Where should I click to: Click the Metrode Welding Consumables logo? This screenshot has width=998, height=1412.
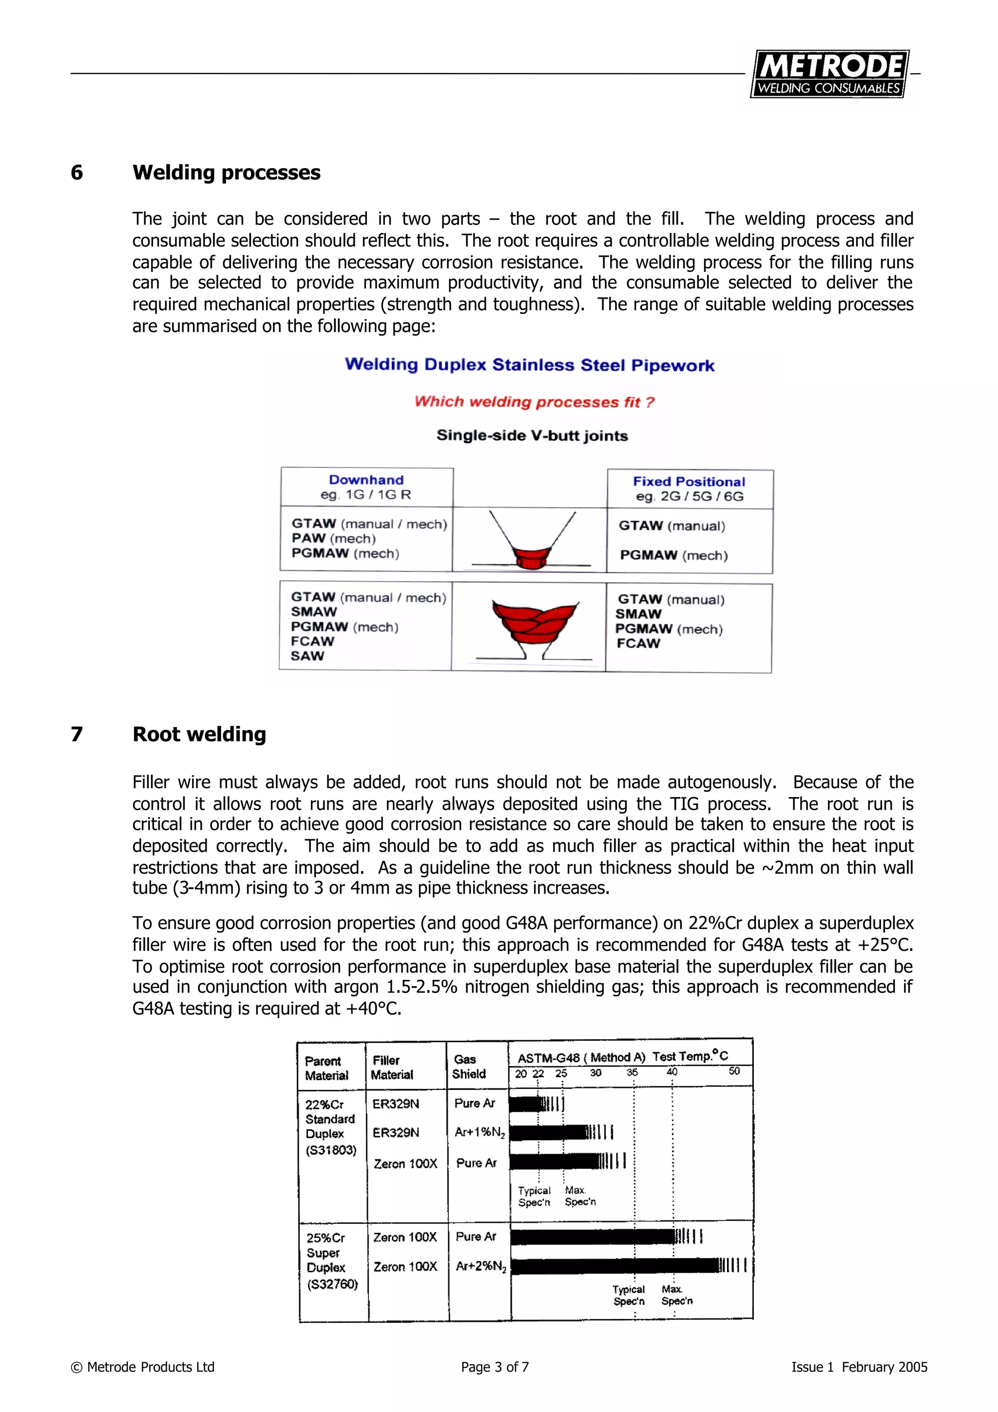(x=829, y=74)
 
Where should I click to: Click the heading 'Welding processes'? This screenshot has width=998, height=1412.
(x=226, y=173)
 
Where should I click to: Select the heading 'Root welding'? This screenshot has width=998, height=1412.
(x=199, y=734)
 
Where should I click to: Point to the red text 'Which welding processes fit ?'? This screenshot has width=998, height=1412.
(x=534, y=401)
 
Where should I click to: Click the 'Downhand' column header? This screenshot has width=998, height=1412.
(x=366, y=480)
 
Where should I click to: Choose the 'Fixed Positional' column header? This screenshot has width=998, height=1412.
(x=689, y=481)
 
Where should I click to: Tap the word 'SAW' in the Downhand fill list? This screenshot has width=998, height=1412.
(x=307, y=656)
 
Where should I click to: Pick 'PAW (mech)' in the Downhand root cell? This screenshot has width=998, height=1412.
(x=333, y=539)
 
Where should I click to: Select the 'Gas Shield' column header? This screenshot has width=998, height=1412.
(x=469, y=1067)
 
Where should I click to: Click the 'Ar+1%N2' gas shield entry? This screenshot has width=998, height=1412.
(x=480, y=1133)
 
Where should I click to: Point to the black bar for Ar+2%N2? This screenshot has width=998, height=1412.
(x=615, y=1266)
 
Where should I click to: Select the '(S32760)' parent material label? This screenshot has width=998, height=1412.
(x=332, y=1284)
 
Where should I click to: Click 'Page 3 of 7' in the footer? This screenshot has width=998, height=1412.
(x=495, y=1367)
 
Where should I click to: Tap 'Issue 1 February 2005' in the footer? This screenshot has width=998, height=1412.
(x=859, y=1367)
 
